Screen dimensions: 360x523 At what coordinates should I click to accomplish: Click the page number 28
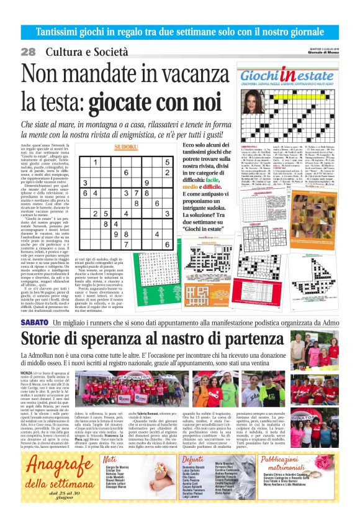[x=29, y=52]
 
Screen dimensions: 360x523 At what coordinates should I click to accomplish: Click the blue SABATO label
[x=35, y=323]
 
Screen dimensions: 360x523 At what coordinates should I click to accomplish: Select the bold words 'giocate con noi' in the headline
[x=155, y=99]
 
